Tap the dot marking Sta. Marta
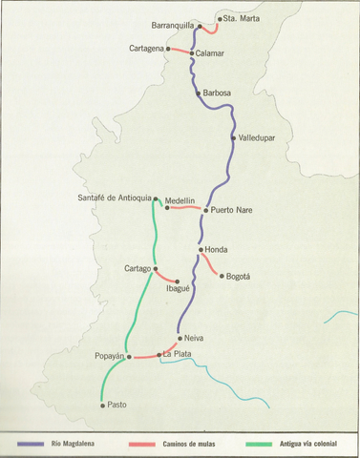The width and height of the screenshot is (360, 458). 219,19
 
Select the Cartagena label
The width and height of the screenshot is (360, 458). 147,48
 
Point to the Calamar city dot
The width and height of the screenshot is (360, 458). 191,53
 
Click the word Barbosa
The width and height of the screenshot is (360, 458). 217,94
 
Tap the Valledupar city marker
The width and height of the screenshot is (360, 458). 233,138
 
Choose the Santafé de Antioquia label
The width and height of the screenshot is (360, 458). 114,198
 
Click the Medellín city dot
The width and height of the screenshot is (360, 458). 168,207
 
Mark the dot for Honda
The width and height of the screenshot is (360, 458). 200,250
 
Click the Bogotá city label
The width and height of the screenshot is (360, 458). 235,277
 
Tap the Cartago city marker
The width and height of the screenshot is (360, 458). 155,269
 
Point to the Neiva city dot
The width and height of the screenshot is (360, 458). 180,338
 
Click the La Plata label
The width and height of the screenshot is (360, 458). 177,355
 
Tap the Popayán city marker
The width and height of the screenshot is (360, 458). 129,356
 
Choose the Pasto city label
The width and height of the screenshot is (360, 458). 116,405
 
